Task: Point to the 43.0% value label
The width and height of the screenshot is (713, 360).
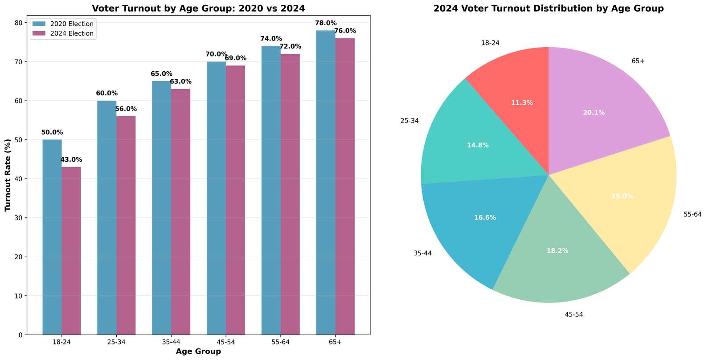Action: (x=71, y=160)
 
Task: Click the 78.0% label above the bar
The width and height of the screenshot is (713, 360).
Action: (x=326, y=23)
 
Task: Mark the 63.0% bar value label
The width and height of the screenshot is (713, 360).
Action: (x=181, y=82)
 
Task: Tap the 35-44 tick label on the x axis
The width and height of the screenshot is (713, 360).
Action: (x=171, y=342)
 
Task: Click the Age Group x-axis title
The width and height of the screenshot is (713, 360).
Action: (x=198, y=352)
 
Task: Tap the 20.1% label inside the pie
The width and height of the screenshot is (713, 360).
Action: (x=594, y=113)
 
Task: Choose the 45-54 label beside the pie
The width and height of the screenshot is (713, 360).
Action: (x=573, y=315)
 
